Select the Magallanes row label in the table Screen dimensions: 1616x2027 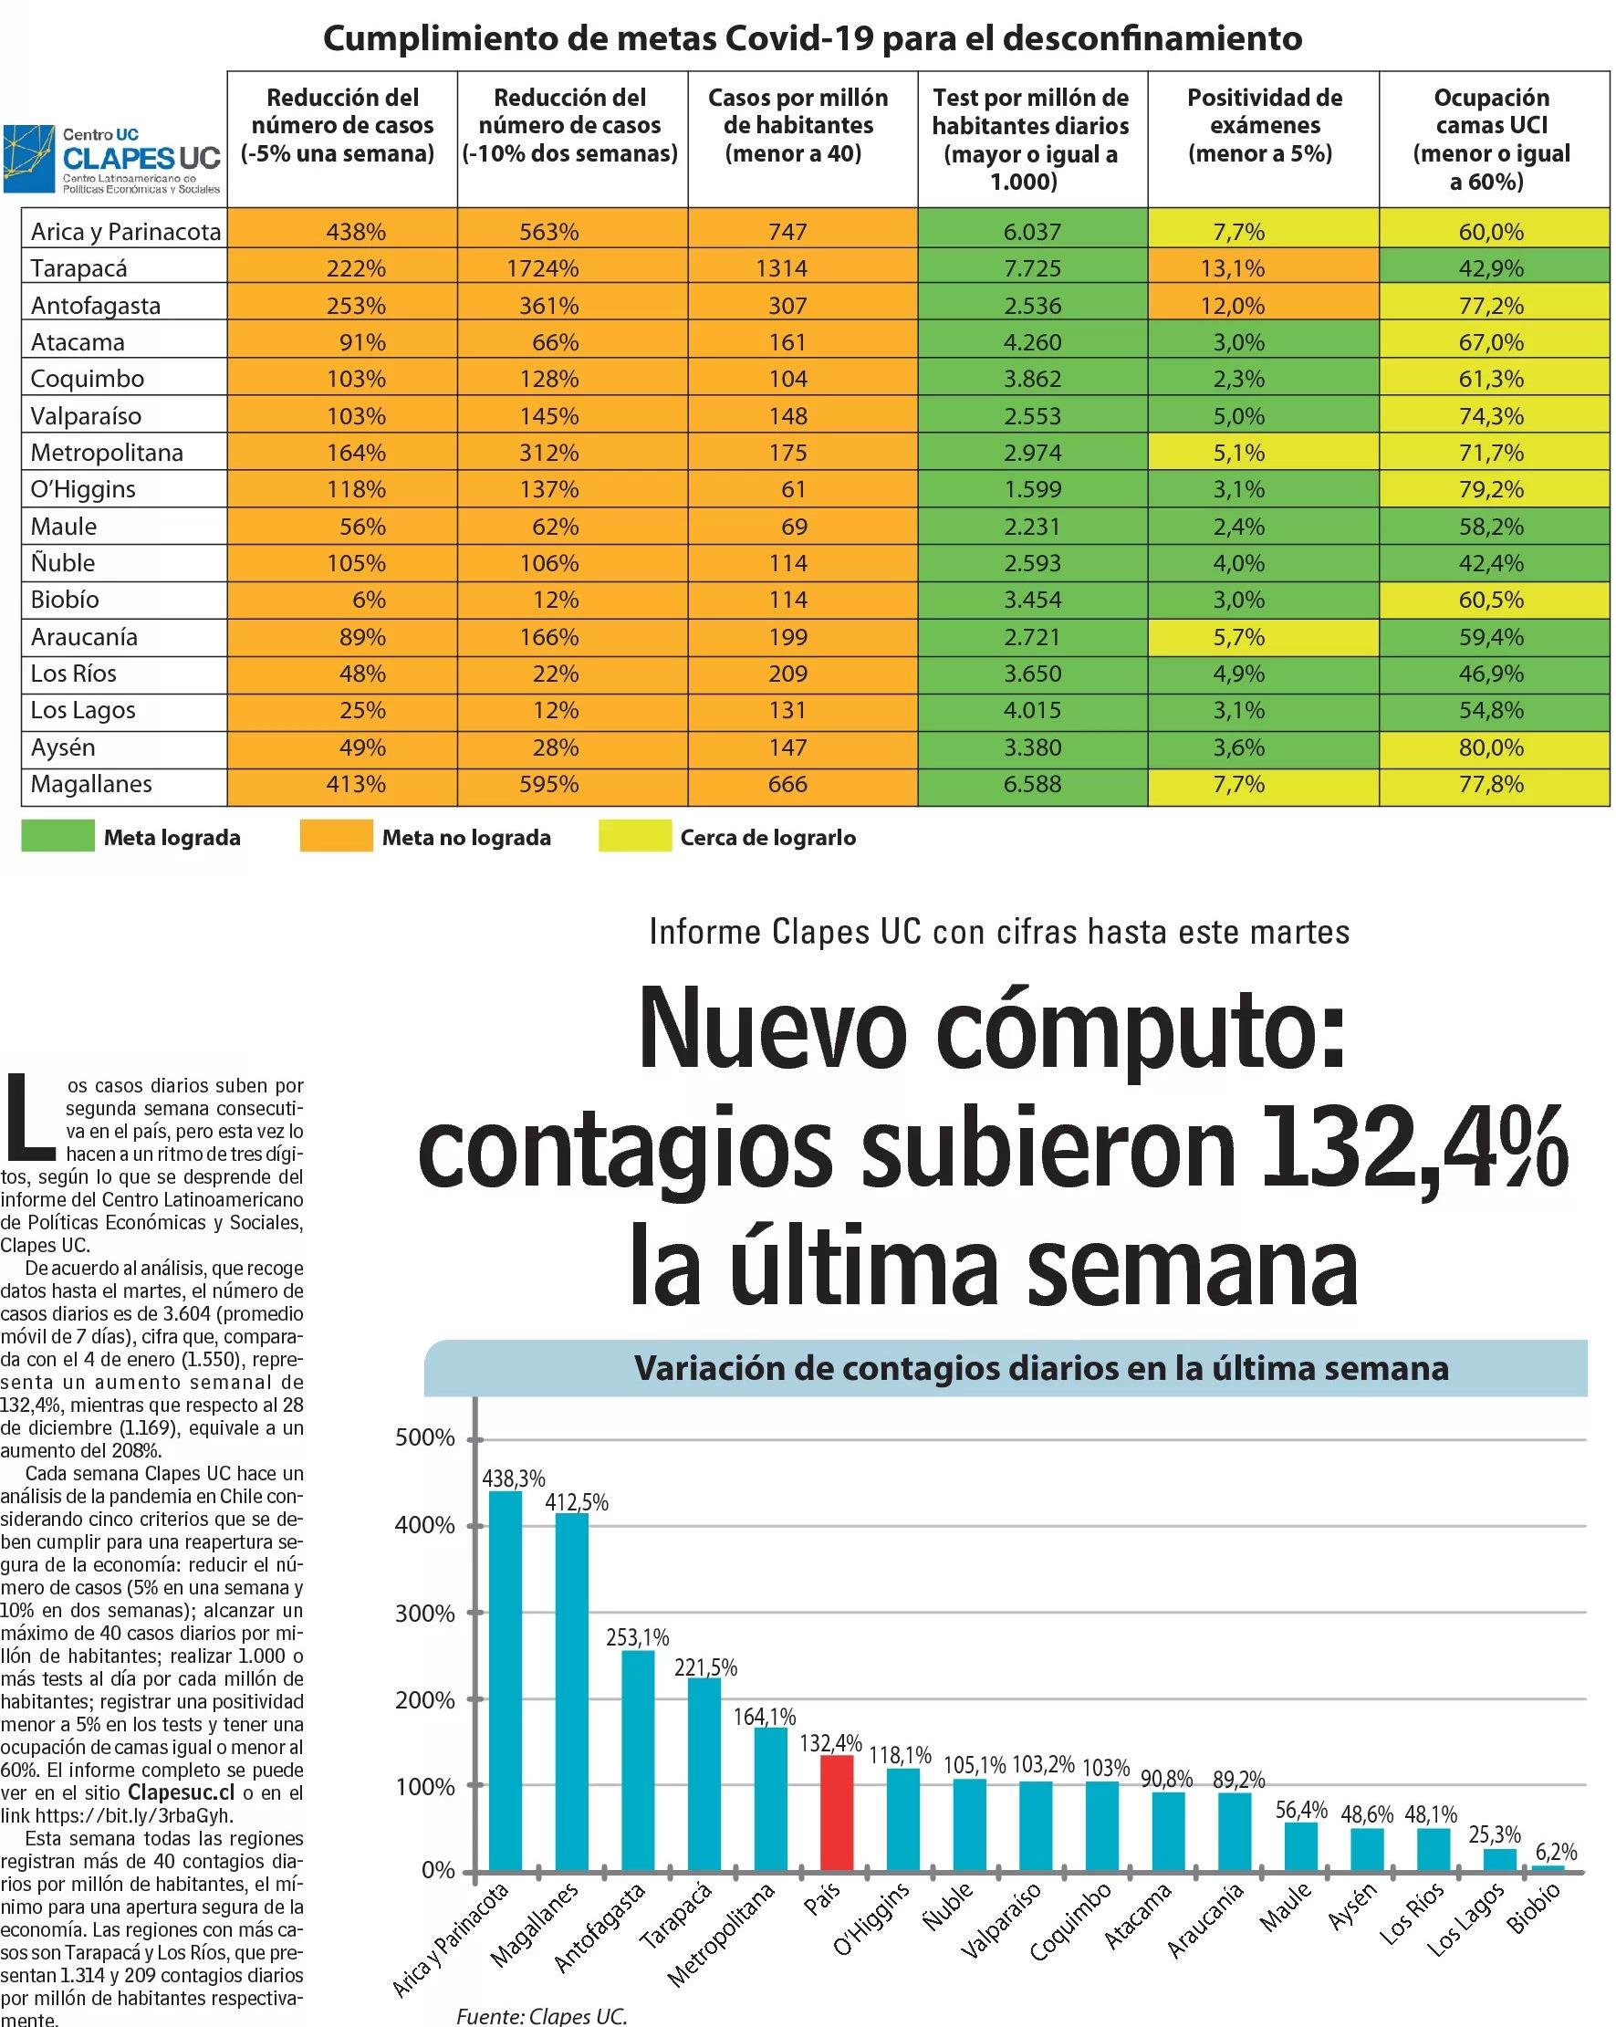[91, 784]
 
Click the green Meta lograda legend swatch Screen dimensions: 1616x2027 [57, 836]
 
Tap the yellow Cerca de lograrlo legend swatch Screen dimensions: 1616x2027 [634, 836]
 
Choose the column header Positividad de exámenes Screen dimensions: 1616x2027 [1264, 125]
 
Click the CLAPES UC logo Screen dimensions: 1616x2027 [112, 160]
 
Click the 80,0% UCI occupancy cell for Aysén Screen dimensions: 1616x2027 [1494, 747]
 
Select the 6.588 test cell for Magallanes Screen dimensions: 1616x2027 [1032, 784]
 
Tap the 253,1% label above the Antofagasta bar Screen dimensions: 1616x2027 [638, 1638]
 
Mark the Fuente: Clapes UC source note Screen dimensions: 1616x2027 [540, 2016]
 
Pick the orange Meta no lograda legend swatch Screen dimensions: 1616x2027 [336, 836]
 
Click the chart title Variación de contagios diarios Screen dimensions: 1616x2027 [1040, 1368]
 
